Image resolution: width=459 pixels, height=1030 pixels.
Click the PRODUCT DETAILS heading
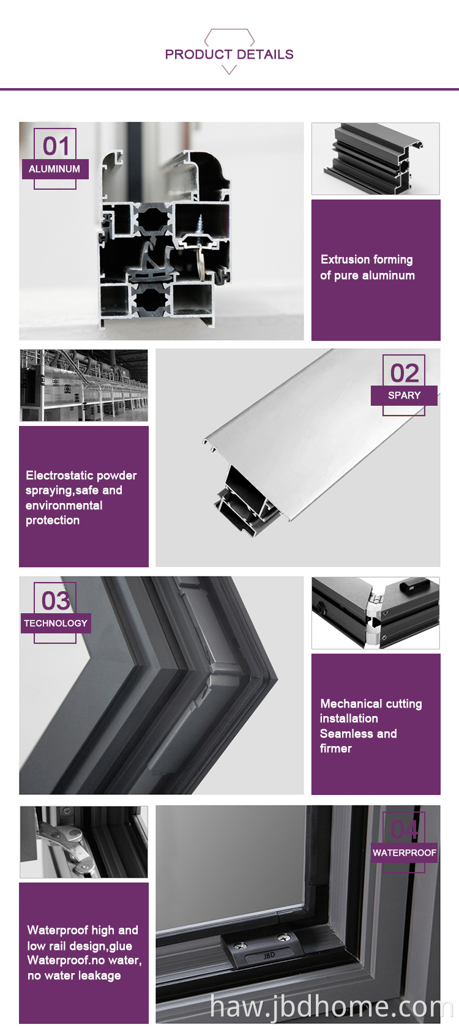pyautogui.click(x=229, y=54)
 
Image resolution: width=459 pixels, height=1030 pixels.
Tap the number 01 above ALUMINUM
pyautogui.click(x=56, y=146)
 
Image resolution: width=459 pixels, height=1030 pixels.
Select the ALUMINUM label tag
pyautogui.click(x=55, y=169)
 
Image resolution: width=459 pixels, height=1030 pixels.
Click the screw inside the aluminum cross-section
pyautogui.click(x=201, y=225)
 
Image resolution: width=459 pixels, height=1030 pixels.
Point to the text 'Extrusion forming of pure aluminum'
pyautogui.click(x=367, y=267)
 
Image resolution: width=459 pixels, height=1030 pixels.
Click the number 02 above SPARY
pyautogui.click(x=405, y=373)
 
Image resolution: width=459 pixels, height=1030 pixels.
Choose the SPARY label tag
pyautogui.click(x=404, y=395)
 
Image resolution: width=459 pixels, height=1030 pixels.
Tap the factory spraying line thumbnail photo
pyautogui.click(x=84, y=386)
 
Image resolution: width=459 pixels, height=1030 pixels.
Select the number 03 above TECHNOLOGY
pyautogui.click(x=56, y=600)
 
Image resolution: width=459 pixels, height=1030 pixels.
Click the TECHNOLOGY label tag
pyautogui.click(x=56, y=623)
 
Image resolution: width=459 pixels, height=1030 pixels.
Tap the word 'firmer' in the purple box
pyautogui.click(x=336, y=748)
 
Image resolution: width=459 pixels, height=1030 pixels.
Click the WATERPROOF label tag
pyautogui.click(x=405, y=853)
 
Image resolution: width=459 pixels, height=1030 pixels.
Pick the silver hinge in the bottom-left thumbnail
pyautogui.click(x=69, y=846)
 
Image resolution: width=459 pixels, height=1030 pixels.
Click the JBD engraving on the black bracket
pyautogui.click(x=269, y=955)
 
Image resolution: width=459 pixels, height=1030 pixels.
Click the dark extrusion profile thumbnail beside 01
pyautogui.click(x=376, y=159)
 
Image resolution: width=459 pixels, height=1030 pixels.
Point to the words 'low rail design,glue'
pyautogui.click(x=80, y=946)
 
